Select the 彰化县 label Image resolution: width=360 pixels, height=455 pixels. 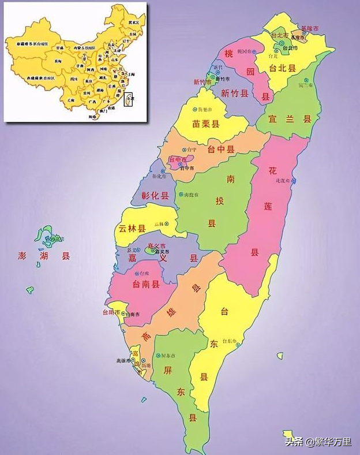pyautogui.click(x=155, y=195)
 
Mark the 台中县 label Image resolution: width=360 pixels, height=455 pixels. pyautogui.click(x=220, y=150)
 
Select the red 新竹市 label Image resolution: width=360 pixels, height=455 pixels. pyautogui.click(x=202, y=82)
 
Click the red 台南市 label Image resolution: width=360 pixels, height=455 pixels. pyautogui.click(x=111, y=312)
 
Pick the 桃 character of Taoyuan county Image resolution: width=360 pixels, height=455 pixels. pyautogui.click(x=229, y=53)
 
